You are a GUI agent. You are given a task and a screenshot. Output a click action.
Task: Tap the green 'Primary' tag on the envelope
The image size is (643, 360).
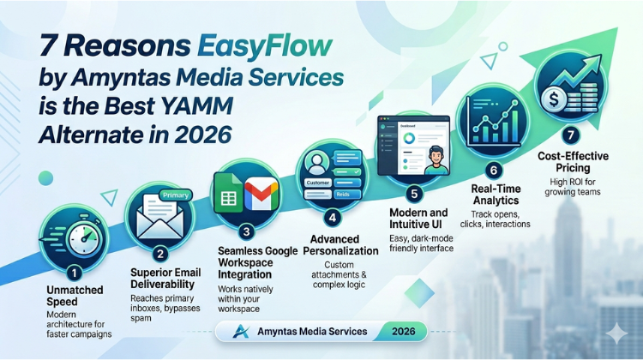(175, 195)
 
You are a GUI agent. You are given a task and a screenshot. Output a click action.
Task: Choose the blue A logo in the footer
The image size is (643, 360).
(242, 331)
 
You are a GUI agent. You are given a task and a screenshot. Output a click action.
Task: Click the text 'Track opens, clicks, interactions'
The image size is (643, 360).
(502, 219)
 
